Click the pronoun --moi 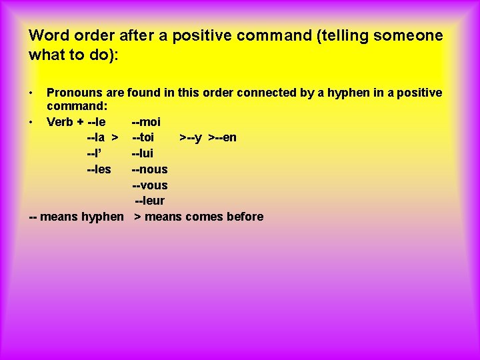146,122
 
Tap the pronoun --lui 143,153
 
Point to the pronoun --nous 149,169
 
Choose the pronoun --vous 149,185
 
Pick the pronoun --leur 149,201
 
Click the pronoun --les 99,169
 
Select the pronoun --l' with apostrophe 95,153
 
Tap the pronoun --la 96,138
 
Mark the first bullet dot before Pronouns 31,91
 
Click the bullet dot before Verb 31,122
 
